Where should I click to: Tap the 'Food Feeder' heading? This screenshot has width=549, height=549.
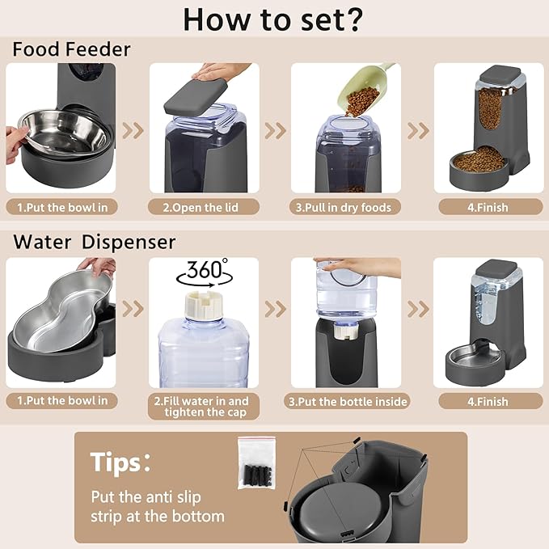(71, 49)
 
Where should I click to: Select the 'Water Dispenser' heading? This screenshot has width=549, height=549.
(94, 242)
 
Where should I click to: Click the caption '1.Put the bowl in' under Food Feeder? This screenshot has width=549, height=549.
(62, 207)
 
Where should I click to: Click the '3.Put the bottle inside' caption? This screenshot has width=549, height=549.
(348, 401)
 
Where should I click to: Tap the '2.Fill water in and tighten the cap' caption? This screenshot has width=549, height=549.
(204, 407)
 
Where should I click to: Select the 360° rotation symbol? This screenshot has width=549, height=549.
(204, 271)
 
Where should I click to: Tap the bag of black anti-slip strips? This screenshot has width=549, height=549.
(256, 463)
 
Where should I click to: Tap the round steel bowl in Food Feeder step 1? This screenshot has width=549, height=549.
(63, 131)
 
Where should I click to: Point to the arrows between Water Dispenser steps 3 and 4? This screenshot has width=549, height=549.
(417, 309)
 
